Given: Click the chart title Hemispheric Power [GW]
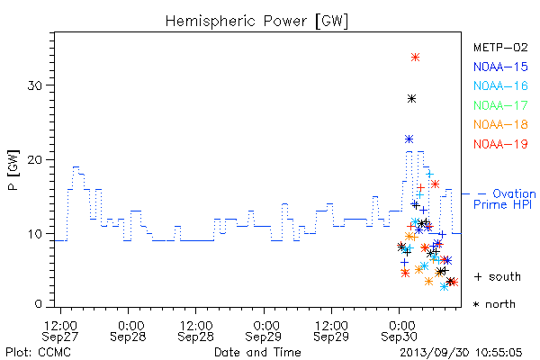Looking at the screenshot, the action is point(256,22).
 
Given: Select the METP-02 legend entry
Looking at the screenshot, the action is point(500,47).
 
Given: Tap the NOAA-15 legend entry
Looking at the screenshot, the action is point(500,67).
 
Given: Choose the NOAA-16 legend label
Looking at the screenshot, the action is point(500,85).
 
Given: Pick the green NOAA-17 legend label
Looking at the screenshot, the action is point(500,105).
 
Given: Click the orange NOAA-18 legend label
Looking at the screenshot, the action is point(500,124).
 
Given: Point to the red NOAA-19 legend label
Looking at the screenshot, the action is point(500,144).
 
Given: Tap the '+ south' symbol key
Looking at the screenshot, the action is point(498,276).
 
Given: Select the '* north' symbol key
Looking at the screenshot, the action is point(494,304).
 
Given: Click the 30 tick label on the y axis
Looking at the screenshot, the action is point(35,85).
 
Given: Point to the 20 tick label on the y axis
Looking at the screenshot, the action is point(35,160).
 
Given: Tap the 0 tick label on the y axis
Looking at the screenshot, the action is point(39,304).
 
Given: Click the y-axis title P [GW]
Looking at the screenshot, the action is point(13,170).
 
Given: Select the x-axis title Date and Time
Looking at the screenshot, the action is point(257,352).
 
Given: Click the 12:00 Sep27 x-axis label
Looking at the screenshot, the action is point(60,331).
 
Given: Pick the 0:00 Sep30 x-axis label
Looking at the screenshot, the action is point(400,331).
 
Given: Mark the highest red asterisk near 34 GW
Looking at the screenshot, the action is point(415,58).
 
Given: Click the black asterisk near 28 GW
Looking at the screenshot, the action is point(411,99).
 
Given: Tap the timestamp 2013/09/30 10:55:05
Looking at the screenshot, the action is point(461,353).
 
